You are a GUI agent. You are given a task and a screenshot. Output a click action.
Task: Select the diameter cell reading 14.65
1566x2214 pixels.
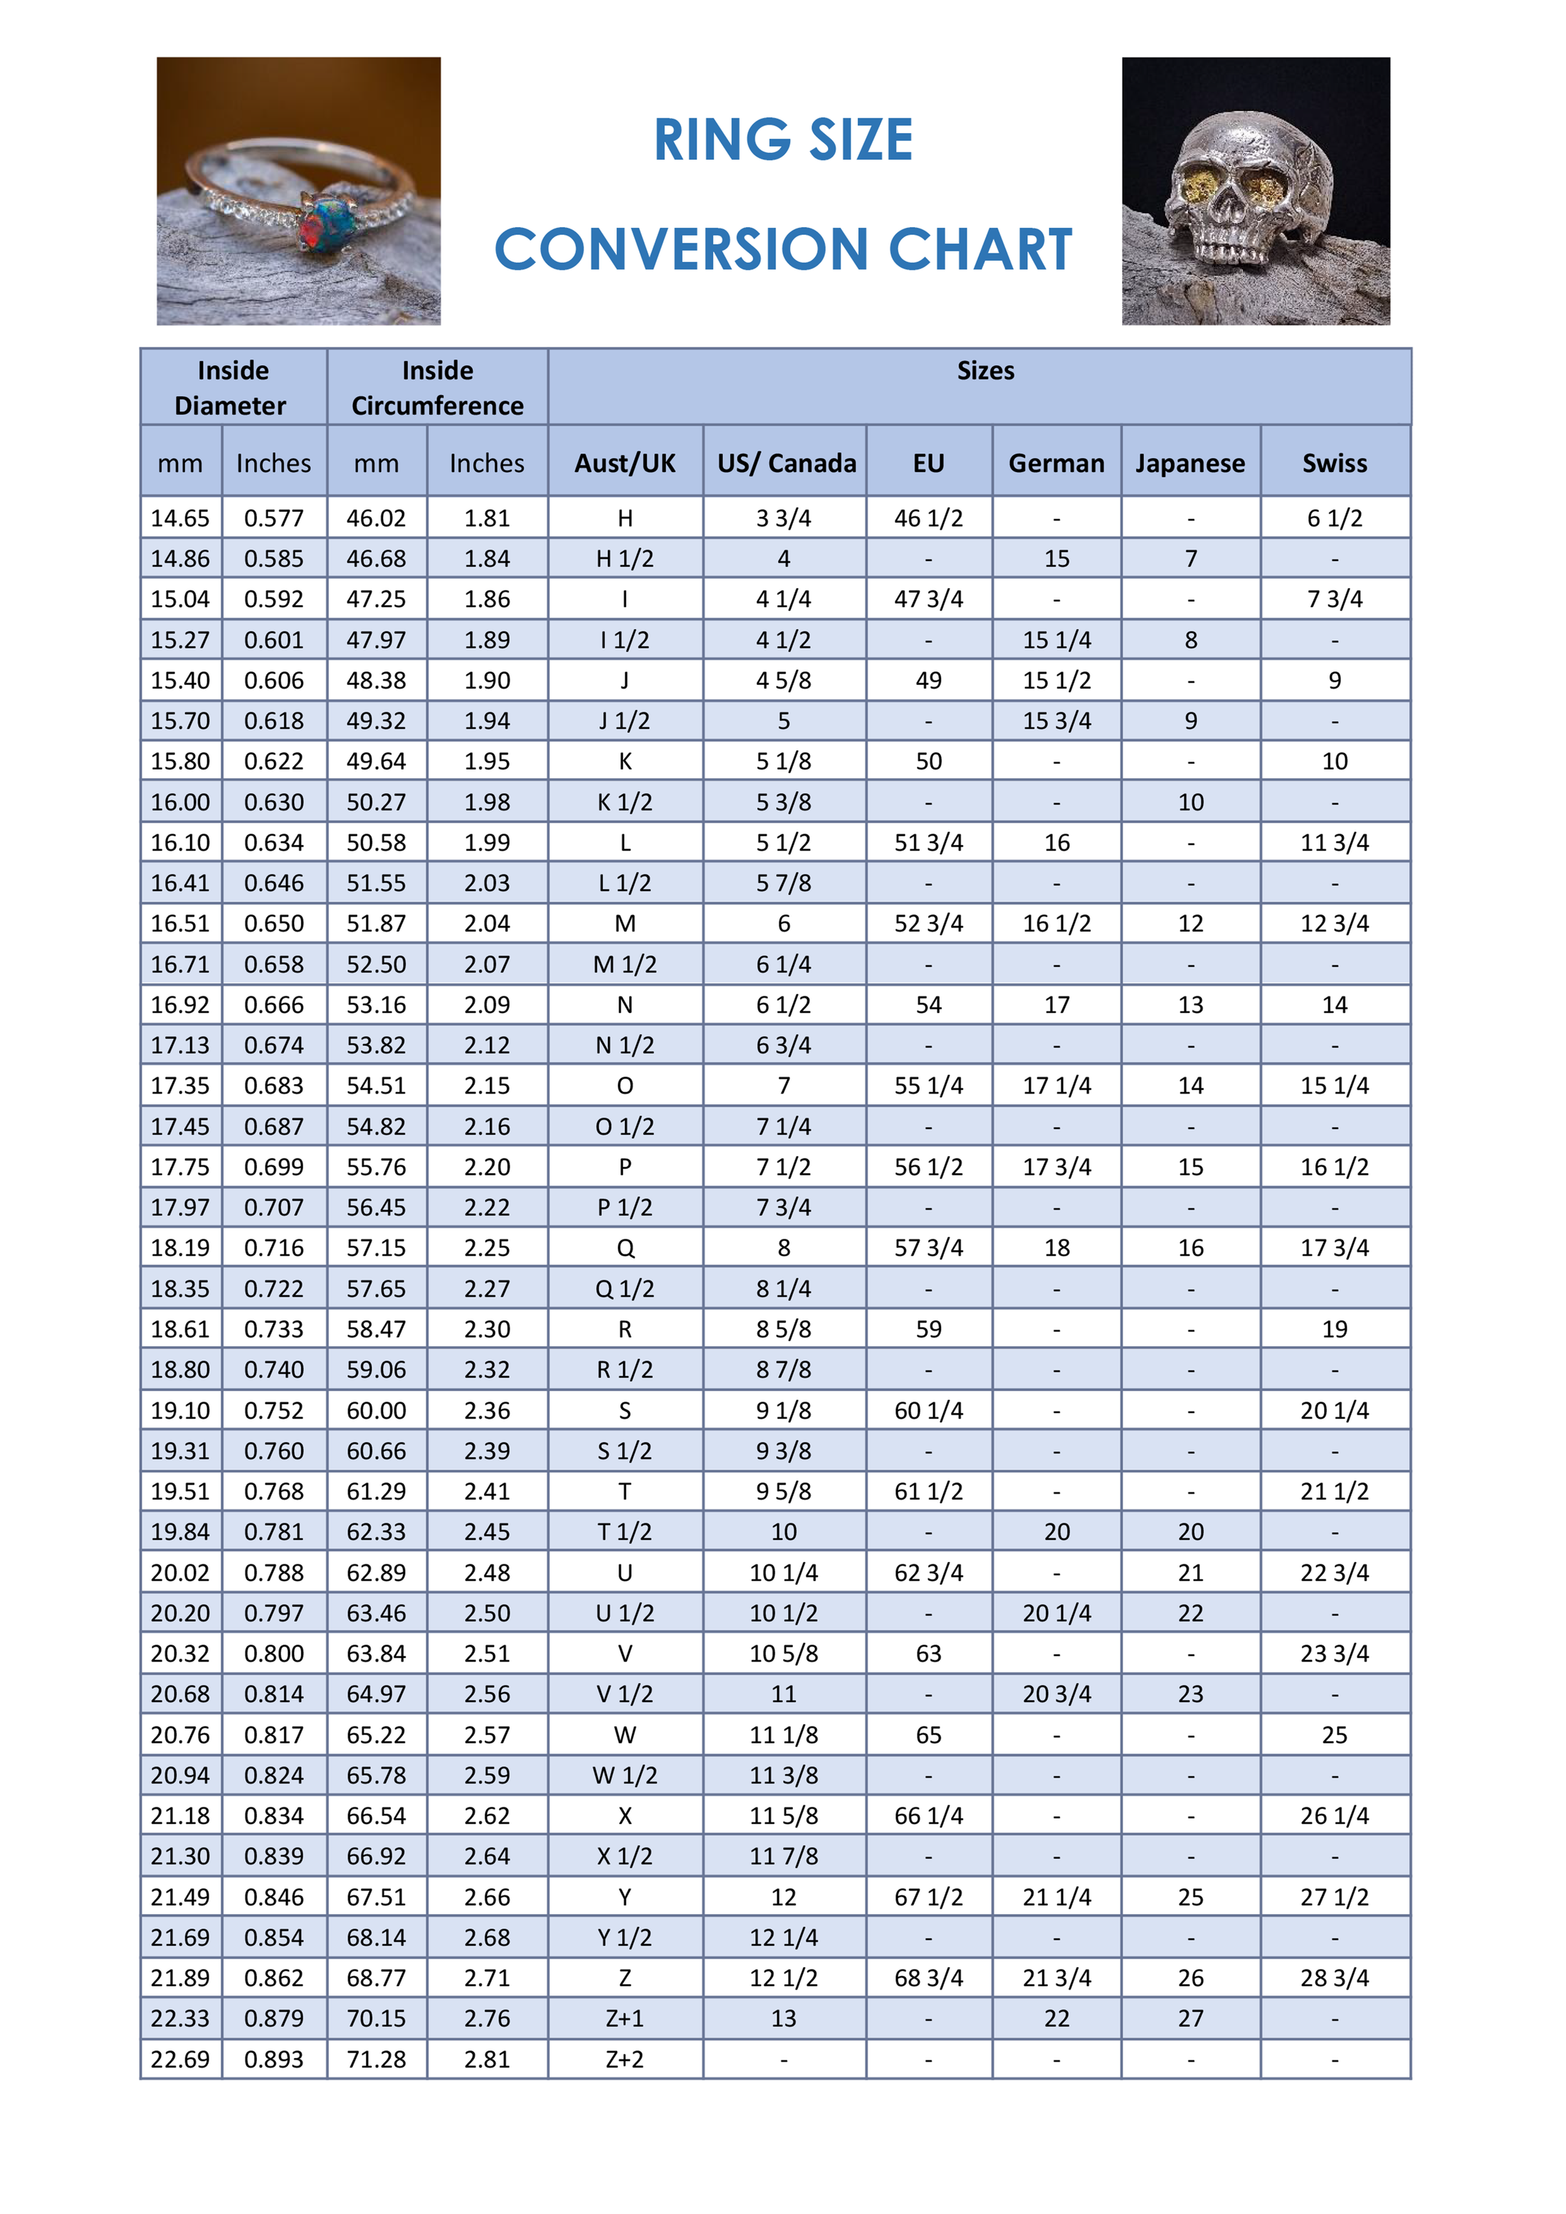coord(180,519)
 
